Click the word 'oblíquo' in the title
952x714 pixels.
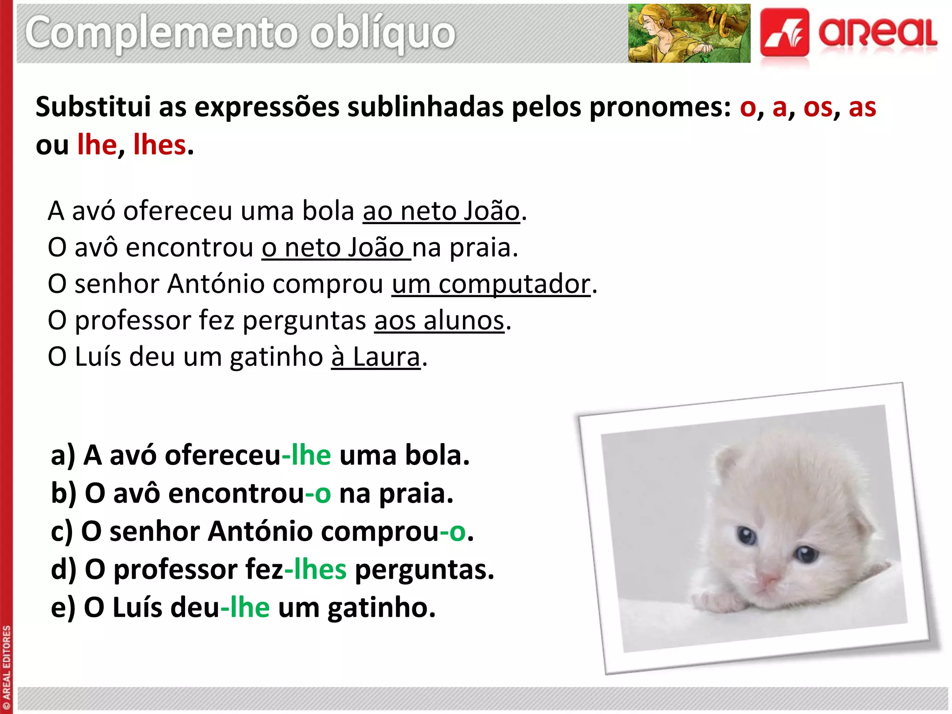pos(383,33)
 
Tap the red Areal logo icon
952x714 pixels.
pos(784,33)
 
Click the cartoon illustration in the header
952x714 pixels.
pos(689,33)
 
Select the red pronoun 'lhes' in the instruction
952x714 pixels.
pos(159,145)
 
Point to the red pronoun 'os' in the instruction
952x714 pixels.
pos(818,107)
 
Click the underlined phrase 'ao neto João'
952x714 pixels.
pos(441,211)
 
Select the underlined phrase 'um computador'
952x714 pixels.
pos(491,284)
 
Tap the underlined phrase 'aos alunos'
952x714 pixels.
pos(439,321)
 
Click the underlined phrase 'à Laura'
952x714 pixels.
pos(376,357)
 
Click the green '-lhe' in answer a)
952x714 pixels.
pos(307,455)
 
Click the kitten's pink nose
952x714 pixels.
pos(767,579)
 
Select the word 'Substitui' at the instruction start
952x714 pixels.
pos(93,107)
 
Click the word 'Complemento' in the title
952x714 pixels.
pos(161,33)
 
